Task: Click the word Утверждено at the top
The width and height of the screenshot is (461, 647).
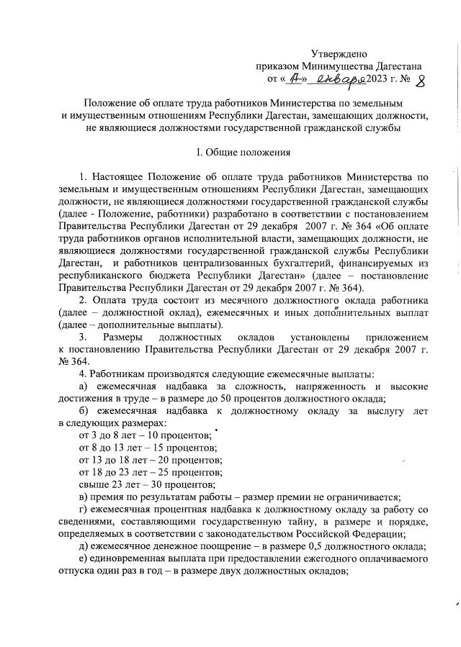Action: (339, 53)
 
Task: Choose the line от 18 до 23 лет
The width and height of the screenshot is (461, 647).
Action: (112, 472)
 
